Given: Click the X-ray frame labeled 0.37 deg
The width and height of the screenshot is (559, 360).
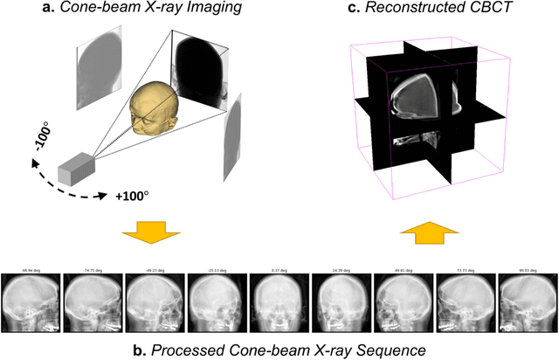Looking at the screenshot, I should (279, 302).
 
